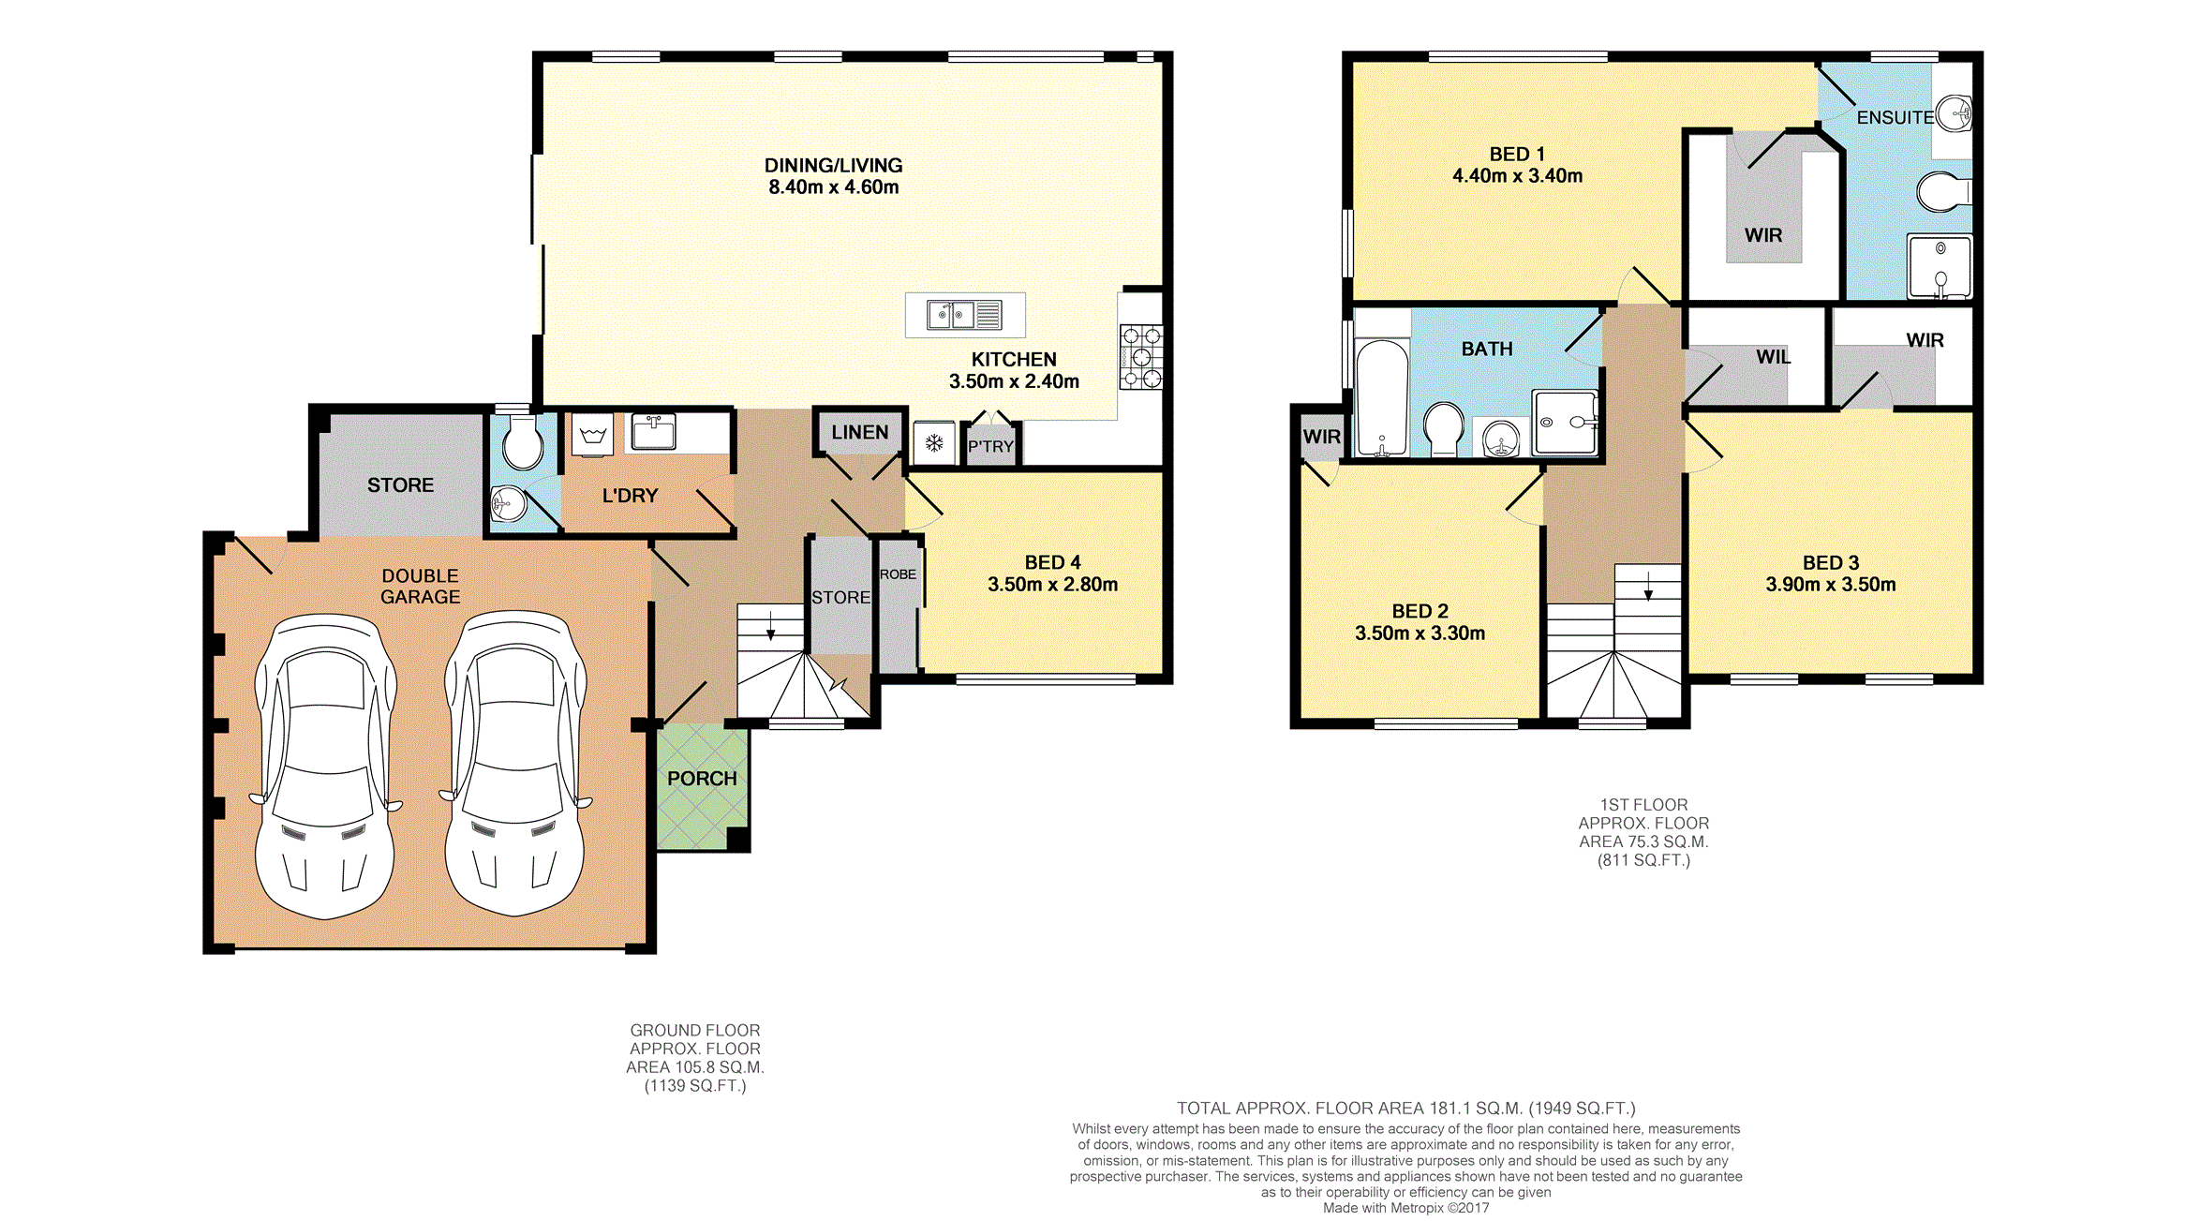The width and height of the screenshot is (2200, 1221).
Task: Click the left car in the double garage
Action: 325,766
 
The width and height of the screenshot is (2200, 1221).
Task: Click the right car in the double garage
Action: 515,764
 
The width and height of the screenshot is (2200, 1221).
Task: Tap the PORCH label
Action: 702,779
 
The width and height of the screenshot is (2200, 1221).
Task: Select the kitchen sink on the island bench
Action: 964,315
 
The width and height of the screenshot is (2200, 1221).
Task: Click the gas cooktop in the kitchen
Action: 1141,356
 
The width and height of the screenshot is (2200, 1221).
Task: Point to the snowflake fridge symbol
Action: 934,443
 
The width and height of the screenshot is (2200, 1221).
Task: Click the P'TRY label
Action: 990,447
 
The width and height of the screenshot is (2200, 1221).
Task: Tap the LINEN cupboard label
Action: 860,433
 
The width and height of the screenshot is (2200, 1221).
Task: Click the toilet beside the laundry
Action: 522,441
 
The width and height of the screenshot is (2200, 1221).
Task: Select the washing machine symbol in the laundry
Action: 593,436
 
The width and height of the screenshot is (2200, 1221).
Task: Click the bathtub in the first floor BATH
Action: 1382,398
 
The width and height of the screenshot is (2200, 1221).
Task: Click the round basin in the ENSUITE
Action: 1955,113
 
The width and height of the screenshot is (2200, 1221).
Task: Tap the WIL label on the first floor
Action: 1773,357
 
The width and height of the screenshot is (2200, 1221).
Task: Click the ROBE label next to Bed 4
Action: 898,574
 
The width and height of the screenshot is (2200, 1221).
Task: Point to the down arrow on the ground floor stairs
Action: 771,626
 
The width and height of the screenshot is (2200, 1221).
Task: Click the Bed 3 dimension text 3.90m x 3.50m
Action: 1831,585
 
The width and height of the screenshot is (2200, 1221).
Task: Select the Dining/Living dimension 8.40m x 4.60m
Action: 834,187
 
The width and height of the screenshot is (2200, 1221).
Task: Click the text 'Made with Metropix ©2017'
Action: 1405,1208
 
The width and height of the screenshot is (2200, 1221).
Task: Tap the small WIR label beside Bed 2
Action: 1321,437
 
